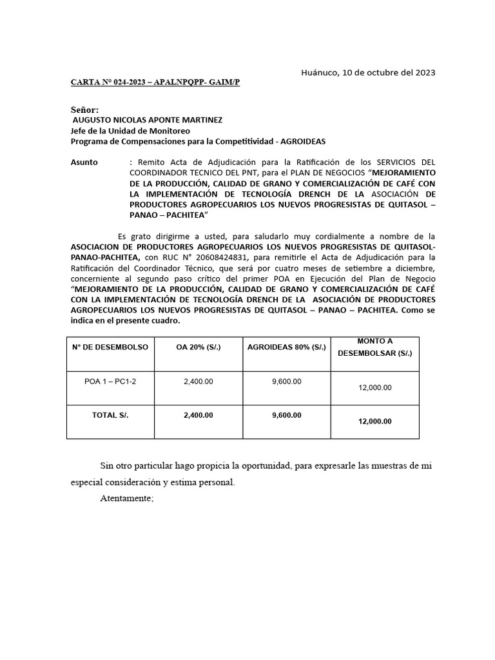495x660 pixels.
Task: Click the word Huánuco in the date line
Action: (x=320, y=72)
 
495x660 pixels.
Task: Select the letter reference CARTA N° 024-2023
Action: (x=107, y=84)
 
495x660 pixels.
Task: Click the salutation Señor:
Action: (x=84, y=110)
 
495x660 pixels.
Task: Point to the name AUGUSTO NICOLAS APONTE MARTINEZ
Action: (x=148, y=120)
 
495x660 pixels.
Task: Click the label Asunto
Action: (x=84, y=162)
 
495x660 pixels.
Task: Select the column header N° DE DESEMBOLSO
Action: (x=110, y=347)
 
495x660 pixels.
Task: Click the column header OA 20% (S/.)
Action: (x=199, y=347)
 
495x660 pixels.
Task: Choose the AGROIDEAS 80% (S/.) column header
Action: (x=287, y=347)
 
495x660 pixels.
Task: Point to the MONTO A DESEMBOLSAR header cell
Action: (x=374, y=347)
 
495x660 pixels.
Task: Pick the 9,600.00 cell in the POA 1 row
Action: (x=287, y=382)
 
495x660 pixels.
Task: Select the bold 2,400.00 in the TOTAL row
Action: (x=199, y=415)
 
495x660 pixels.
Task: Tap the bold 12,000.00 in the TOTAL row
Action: (x=374, y=421)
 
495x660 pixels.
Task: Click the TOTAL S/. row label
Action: (x=110, y=415)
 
